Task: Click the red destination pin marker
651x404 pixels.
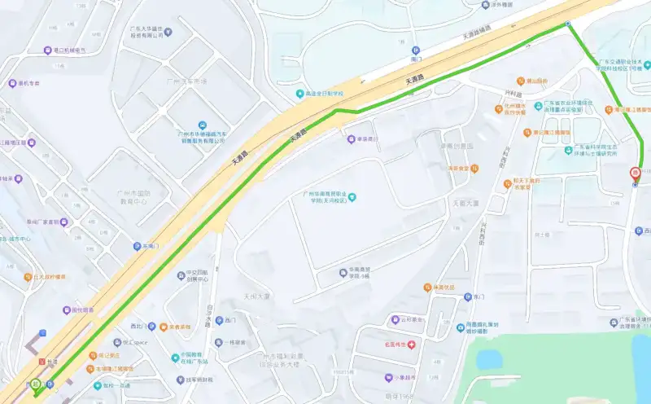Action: coord(635,172)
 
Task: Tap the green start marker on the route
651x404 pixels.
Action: coord(36,384)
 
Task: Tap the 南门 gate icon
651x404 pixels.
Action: coord(415,50)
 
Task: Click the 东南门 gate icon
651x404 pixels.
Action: coord(138,245)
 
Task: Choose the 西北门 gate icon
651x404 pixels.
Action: coord(136,327)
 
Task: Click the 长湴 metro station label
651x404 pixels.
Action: coord(52,362)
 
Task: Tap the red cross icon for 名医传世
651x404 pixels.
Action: coord(412,345)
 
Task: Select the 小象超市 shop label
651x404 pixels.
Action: coord(399,378)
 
